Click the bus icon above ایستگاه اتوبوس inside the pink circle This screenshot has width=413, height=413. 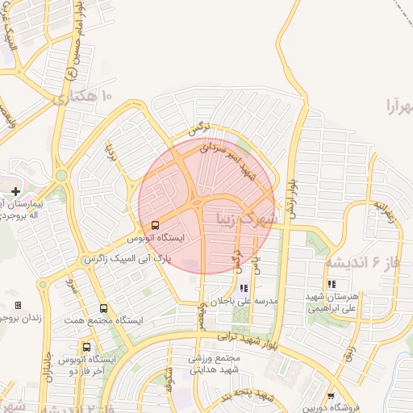[154, 224]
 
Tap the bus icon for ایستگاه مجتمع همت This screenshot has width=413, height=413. [103, 308]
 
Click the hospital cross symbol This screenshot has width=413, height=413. [16, 191]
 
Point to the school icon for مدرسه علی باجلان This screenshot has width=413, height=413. [244, 287]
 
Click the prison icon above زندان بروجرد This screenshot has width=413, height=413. [19, 306]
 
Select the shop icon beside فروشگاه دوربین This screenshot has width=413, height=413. [332, 395]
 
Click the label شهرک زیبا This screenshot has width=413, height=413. [247, 217]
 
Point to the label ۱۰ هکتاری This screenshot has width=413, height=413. [85, 98]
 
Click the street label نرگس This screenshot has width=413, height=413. [198, 129]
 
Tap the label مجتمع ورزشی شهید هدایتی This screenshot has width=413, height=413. [216, 364]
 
